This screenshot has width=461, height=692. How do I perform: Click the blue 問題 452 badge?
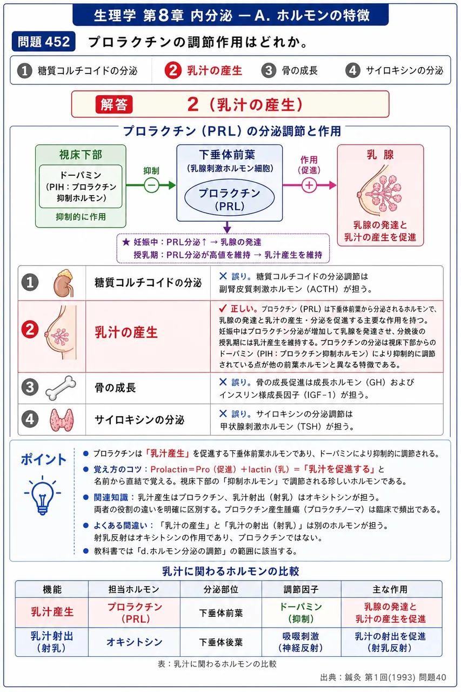coord(44,42)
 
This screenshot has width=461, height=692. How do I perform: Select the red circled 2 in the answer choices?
coord(172,70)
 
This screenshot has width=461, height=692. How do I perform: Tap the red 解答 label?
coord(114,104)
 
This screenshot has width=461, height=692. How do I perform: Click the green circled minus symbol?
coord(151,185)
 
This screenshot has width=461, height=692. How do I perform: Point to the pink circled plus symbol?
coord(309,185)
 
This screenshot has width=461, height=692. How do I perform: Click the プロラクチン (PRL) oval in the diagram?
coord(230,198)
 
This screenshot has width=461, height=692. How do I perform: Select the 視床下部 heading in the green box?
coord(81,155)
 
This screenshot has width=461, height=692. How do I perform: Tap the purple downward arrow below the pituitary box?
coord(227,227)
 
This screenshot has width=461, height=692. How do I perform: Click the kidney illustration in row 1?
coord(64,283)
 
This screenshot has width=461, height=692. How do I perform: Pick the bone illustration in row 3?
coord(61,388)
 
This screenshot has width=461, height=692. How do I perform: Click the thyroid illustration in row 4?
coord(62,420)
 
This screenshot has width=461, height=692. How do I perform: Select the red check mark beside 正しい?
coord(223,308)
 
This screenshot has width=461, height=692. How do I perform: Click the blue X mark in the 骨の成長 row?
coord(223,382)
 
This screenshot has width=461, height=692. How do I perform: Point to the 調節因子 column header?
coord(302,589)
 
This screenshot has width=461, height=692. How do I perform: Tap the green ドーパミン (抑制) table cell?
coord(302,613)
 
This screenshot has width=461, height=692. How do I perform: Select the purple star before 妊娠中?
coord(126,242)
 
